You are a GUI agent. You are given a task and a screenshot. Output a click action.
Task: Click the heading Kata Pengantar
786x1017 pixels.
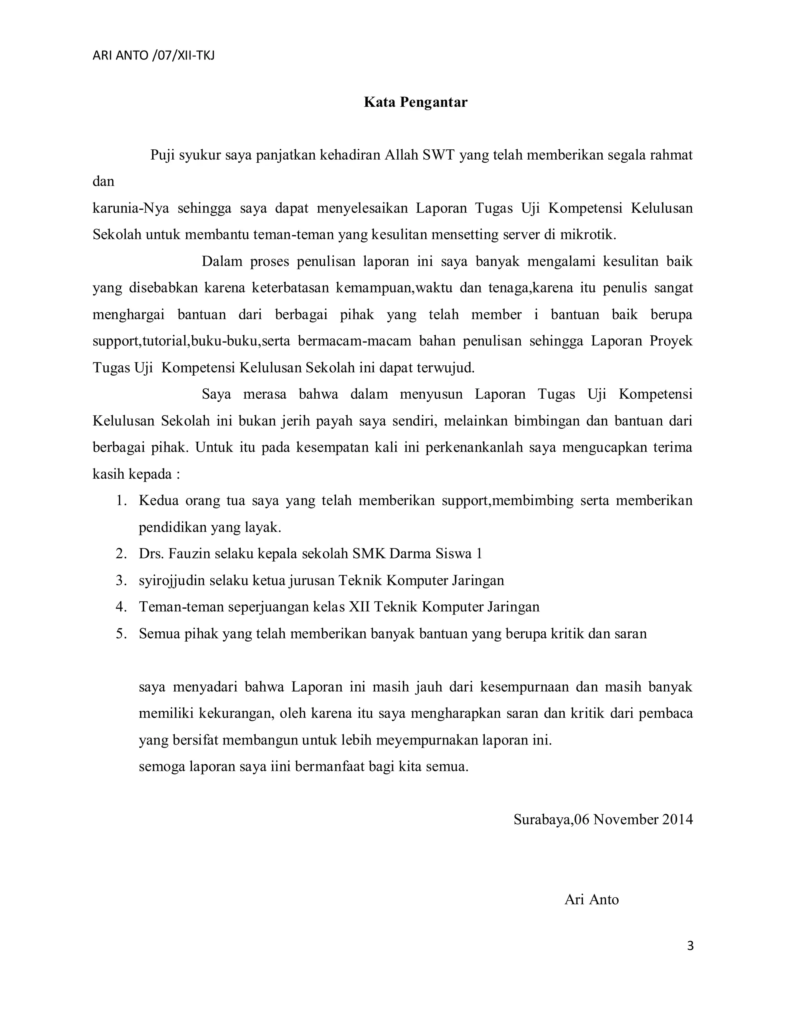click(x=415, y=102)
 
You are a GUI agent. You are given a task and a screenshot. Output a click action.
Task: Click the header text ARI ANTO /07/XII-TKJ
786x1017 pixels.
click(x=154, y=56)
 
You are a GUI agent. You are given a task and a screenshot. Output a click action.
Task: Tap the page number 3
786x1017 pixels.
click(x=690, y=946)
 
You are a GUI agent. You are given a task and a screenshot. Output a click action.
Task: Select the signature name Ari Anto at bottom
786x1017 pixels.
click(x=591, y=899)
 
